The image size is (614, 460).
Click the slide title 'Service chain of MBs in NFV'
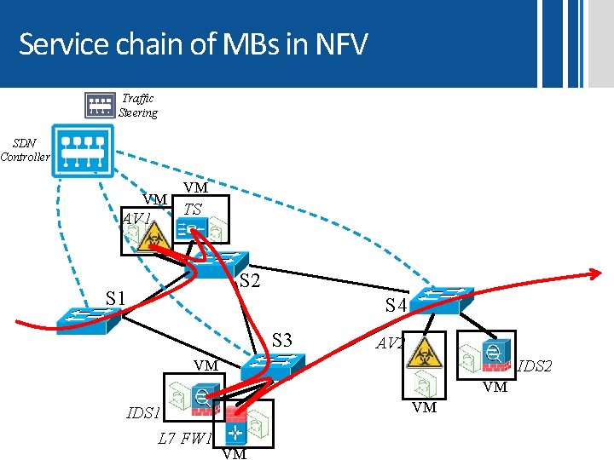(193, 43)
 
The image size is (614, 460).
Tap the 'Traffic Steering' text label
(138, 106)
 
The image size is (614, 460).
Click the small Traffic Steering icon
(100, 105)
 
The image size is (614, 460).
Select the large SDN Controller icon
(82, 152)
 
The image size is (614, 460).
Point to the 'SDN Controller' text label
(25, 150)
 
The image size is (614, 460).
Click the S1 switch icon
(82, 316)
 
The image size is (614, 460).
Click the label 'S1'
(116, 298)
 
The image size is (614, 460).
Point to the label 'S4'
(396, 305)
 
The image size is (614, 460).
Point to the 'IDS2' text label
(536, 366)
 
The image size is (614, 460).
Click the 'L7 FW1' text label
(184, 440)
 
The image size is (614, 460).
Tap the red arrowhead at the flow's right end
(595, 274)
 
